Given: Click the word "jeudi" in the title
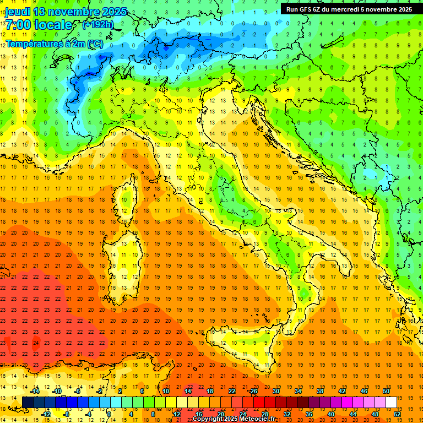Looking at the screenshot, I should click(x=17, y=12).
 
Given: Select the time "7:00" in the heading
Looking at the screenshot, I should click(x=17, y=25).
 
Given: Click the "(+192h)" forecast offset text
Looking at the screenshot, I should click(x=97, y=25).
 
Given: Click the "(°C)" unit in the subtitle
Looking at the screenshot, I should click(x=94, y=43).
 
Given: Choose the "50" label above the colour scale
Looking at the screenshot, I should click(x=386, y=391).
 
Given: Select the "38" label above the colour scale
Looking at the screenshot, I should click(x=319, y=391).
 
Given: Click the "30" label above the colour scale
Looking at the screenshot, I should click(x=275, y=391).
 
